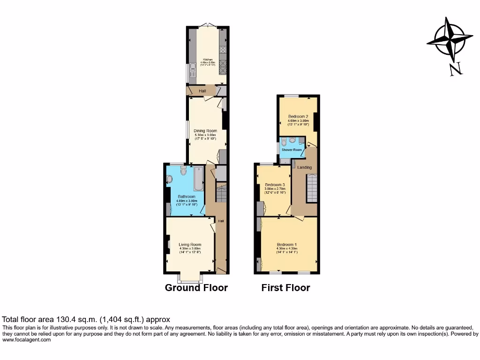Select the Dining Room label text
207,131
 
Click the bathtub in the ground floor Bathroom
199,180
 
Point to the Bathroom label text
187,196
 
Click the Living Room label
190,244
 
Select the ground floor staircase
221,193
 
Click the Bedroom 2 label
298,116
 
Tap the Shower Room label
292,150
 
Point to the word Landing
304,167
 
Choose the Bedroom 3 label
275,184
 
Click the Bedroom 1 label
287,244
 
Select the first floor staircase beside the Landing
312,187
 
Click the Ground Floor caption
196,288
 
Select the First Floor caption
285,288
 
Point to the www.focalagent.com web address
27,340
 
